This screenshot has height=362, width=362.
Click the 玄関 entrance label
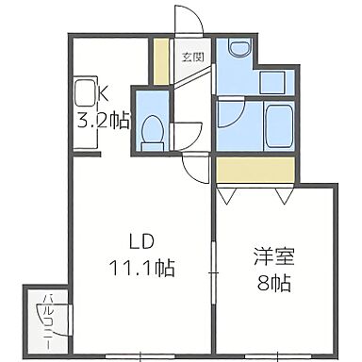point(193,56)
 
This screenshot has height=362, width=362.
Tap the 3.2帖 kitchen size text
point(103,121)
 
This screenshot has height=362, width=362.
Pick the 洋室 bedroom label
point(268,255)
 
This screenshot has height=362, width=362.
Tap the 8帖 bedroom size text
point(270,282)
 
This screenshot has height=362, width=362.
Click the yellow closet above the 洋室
point(253,170)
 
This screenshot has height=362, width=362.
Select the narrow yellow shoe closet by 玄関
point(162,60)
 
